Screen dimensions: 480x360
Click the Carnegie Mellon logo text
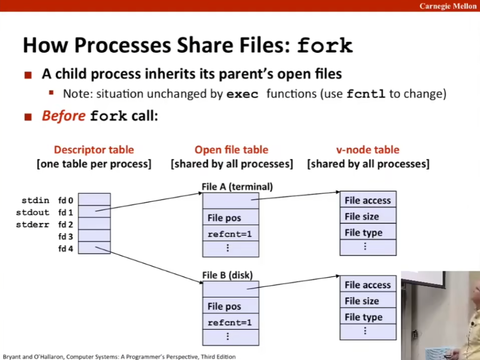tap(448, 6)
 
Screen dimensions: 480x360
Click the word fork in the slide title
tap(325, 45)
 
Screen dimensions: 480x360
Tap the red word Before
tap(64, 116)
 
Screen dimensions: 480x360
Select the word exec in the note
tap(242, 94)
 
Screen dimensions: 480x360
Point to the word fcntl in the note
tap(366, 94)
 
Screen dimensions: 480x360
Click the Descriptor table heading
tap(94, 149)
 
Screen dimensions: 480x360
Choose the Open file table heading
tap(232, 149)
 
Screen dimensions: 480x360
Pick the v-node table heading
tap(368, 149)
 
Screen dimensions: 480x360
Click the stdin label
tap(35, 201)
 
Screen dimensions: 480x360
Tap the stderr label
tap(33, 224)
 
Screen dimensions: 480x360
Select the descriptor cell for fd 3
tap(94, 236)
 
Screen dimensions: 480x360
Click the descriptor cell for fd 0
tap(94, 199)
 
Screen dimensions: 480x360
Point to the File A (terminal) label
tap(237, 186)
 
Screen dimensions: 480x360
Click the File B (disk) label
tap(227, 275)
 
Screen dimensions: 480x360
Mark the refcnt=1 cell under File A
tap(231, 234)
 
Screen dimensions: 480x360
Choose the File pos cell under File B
tap(231, 306)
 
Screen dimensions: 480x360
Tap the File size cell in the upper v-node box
tap(368, 216)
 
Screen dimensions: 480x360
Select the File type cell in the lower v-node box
tap(368, 317)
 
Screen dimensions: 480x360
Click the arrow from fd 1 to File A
tap(149, 202)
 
